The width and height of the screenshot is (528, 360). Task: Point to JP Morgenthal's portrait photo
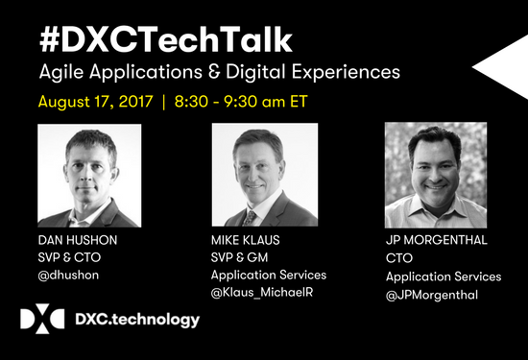click(435, 174)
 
